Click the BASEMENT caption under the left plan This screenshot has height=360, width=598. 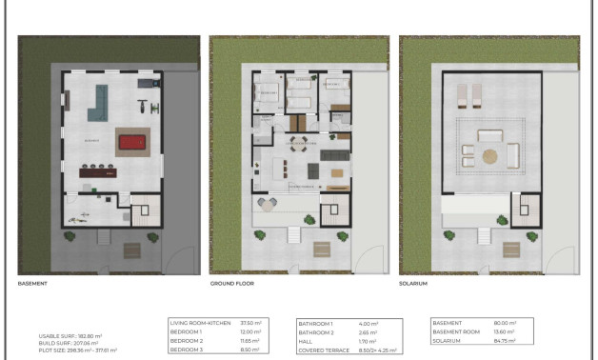[33, 284]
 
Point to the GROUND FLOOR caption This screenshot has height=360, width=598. [231, 284]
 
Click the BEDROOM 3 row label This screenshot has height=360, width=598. [188, 350]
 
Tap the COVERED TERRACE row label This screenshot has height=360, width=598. [322, 350]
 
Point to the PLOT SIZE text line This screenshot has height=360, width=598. [78, 350]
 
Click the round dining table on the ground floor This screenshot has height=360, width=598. [299, 145]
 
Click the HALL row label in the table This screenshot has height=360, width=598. [309, 341]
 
